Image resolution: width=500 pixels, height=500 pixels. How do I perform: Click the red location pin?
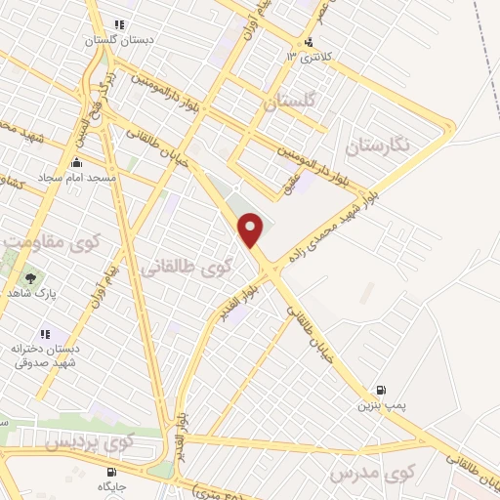(x=251, y=229)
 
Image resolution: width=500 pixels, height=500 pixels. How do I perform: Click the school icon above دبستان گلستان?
(x=119, y=24)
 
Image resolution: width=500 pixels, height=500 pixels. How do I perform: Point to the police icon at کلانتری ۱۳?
(x=310, y=41)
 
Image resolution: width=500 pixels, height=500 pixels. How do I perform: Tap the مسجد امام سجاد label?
(x=77, y=179)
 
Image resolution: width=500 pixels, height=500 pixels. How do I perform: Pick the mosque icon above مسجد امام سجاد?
(x=77, y=163)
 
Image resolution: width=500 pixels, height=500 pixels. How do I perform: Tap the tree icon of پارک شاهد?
(x=30, y=277)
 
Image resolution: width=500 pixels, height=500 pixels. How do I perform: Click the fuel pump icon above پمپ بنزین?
(x=381, y=388)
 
